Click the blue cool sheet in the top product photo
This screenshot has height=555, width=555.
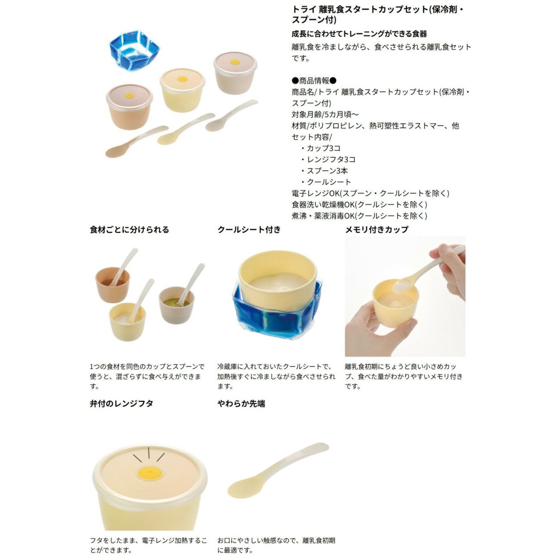tap(134, 50)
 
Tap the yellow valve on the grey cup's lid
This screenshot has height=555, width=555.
tap(235, 62)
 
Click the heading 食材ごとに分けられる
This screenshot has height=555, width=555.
tap(129, 230)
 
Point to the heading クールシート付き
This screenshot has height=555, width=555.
tap(249, 230)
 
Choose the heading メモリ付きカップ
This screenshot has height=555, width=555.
tap(377, 230)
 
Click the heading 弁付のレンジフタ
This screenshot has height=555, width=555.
tap(121, 403)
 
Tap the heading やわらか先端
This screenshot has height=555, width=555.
tap(241, 403)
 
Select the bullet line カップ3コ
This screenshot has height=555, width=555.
tap(321, 148)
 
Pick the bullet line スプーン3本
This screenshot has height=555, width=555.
tap(324, 171)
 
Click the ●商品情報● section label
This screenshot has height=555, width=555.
tap(314, 80)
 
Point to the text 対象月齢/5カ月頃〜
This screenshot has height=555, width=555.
tap(325, 115)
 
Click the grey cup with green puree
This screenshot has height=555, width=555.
tap(177, 305)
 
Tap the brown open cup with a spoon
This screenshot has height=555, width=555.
tap(112, 285)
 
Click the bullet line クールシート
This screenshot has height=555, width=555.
tap(326, 182)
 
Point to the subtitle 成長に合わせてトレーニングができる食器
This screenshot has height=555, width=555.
tap(359, 34)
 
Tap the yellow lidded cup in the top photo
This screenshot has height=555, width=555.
tap(182, 90)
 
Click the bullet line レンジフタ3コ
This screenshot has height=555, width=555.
tap(328, 160)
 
